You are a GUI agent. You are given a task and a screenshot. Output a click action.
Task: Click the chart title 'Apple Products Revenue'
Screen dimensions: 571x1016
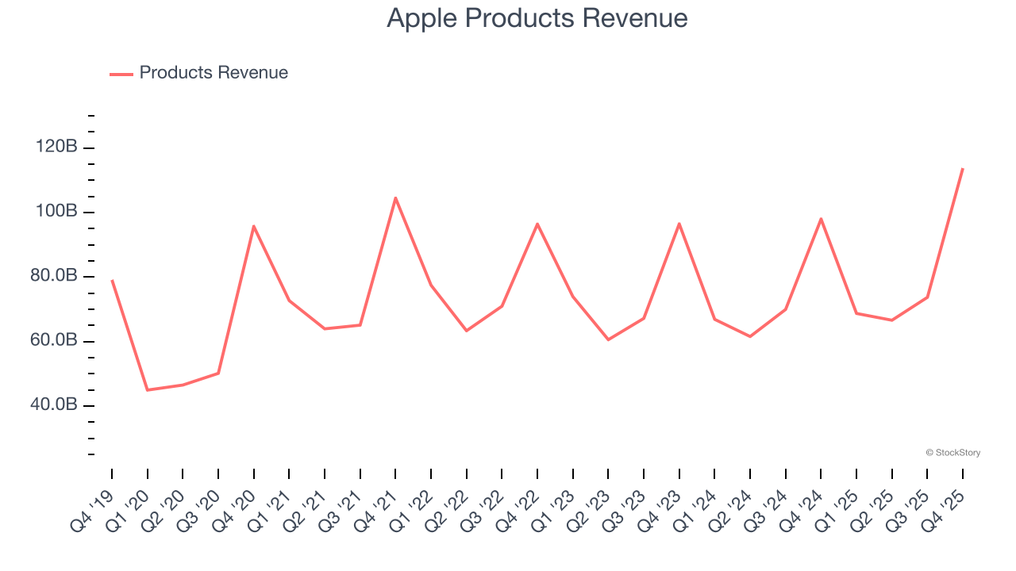pyautogui.click(x=537, y=18)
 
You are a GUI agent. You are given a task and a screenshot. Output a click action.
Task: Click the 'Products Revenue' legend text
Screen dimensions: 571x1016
pyautogui.click(x=214, y=73)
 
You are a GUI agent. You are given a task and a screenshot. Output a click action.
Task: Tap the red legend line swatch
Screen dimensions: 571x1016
pyautogui.click(x=121, y=74)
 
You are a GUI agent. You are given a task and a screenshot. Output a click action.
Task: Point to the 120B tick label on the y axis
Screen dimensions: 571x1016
pyautogui.click(x=56, y=148)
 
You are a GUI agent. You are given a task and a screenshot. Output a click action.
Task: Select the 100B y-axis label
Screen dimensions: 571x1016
pyautogui.click(x=56, y=212)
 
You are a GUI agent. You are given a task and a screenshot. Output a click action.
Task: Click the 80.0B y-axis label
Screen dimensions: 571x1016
pyautogui.click(x=54, y=277)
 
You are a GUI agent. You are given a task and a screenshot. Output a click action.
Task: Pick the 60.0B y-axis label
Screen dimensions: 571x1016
pyautogui.click(x=54, y=341)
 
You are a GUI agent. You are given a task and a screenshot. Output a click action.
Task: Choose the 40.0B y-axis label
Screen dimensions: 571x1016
pyautogui.click(x=54, y=405)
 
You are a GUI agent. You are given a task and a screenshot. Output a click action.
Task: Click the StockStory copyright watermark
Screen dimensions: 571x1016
pyautogui.click(x=952, y=453)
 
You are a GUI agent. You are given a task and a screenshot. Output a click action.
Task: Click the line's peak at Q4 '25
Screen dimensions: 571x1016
pyautogui.click(x=963, y=168)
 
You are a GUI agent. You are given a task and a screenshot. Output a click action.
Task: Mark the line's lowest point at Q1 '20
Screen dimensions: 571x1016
pyautogui.click(x=147, y=390)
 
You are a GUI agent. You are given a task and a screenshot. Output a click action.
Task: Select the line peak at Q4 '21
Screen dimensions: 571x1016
pyautogui.click(x=395, y=197)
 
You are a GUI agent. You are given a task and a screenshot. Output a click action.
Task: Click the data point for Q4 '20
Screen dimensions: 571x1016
pyautogui.click(x=253, y=226)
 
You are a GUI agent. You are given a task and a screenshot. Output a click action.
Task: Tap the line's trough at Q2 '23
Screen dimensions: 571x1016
pyautogui.click(x=608, y=339)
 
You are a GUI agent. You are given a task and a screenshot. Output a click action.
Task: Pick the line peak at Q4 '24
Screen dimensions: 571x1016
pyautogui.click(x=821, y=218)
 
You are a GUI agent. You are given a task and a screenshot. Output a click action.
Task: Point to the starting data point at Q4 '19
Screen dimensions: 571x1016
pyautogui.click(x=112, y=280)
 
